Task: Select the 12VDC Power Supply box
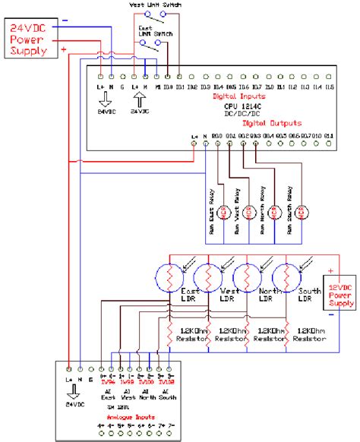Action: pyautogui.click(x=341, y=292)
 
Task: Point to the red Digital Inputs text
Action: pyautogui.click(x=239, y=97)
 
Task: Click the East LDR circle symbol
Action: pyautogui.click(x=168, y=274)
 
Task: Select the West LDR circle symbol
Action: pyautogui.click(x=207, y=274)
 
